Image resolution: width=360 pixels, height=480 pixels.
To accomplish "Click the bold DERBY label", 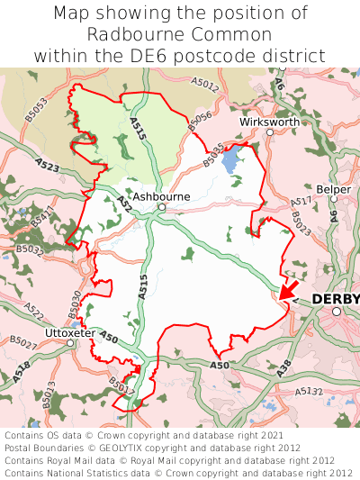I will click(335, 299).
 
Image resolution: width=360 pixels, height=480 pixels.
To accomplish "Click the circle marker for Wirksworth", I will click(270, 132).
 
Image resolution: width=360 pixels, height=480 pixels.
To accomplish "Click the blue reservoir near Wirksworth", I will click(231, 162).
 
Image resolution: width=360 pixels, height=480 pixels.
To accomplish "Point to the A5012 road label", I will click(204, 84).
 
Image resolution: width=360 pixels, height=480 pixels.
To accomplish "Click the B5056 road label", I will click(200, 121).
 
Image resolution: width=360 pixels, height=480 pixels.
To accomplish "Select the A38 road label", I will click(258, 367).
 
